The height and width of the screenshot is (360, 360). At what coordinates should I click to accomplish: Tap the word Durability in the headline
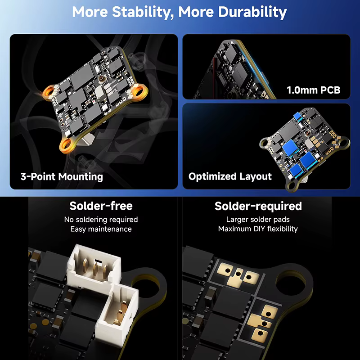(x=252, y=12)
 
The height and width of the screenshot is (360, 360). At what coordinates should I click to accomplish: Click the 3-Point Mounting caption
(x=62, y=177)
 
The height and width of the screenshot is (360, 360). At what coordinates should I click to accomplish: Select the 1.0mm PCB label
(x=313, y=90)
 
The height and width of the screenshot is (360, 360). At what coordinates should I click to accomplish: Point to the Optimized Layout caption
(x=230, y=176)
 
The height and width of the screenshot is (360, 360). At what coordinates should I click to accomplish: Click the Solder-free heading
(x=101, y=206)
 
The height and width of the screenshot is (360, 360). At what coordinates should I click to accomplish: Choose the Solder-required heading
(x=258, y=206)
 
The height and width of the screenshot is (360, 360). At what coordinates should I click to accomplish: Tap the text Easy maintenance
(x=101, y=229)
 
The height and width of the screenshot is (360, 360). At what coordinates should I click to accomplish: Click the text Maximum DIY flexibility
(x=258, y=229)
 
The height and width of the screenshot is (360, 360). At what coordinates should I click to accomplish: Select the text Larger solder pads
(x=258, y=220)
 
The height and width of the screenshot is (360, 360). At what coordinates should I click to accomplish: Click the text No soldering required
(x=101, y=220)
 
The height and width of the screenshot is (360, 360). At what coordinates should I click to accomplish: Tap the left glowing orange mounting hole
(x=49, y=92)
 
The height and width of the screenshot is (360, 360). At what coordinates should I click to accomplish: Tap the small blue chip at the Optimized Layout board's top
(x=297, y=116)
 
